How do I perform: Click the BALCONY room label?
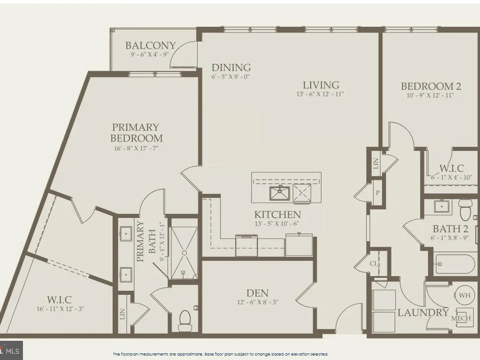click(151, 46)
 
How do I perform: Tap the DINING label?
click(231, 67)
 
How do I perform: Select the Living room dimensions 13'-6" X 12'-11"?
click(320, 94)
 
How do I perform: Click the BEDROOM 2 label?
click(431, 86)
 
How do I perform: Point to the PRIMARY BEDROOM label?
click(136, 132)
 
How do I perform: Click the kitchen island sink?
click(280, 193)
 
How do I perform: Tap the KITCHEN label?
click(277, 214)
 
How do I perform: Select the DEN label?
click(257, 293)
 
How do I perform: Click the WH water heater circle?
click(465, 295)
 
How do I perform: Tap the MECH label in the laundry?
click(461, 318)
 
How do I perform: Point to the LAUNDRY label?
click(423, 312)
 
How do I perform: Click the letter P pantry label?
click(378, 193)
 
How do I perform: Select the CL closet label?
click(374, 264)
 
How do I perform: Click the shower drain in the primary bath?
click(184, 253)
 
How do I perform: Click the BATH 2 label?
click(451, 228)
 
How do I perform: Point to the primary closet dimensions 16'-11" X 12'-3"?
click(60, 309)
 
